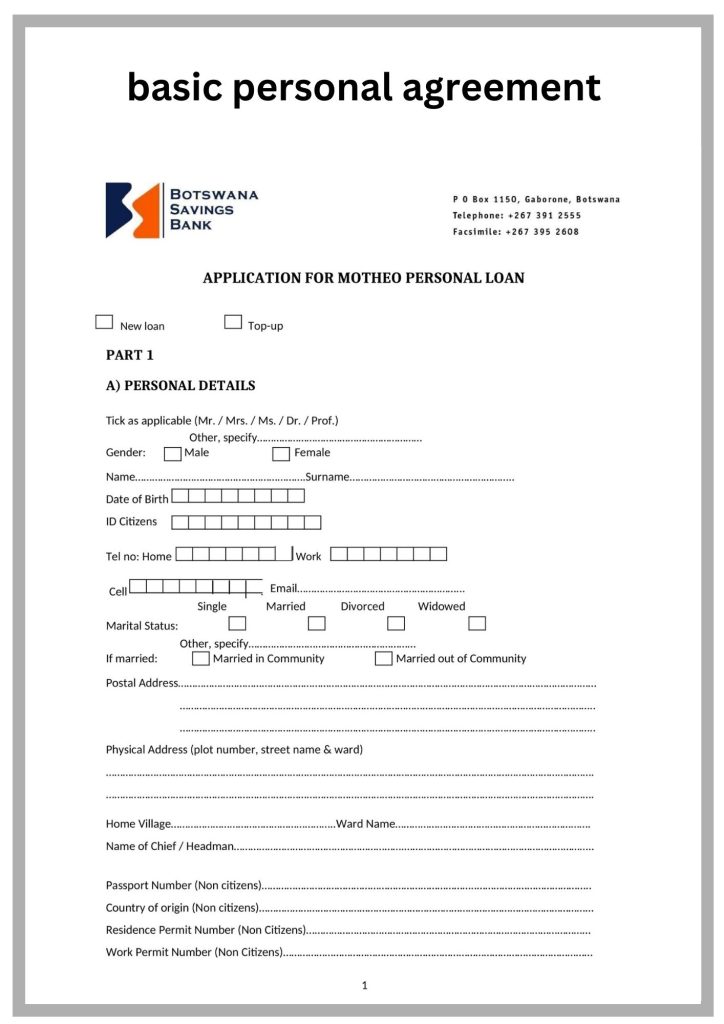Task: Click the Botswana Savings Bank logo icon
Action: click(x=133, y=210)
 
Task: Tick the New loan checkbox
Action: click(x=104, y=322)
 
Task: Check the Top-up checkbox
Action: click(x=233, y=322)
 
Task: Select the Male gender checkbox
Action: click(x=172, y=454)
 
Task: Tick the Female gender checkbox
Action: click(x=281, y=454)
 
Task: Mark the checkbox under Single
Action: click(x=237, y=624)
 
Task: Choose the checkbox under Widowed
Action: click(x=477, y=624)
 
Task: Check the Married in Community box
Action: click(x=201, y=659)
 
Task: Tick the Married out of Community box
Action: click(x=383, y=659)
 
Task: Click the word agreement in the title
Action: click(x=500, y=88)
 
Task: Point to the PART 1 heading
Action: click(x=130, y=355)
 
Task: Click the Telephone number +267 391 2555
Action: click(x=544, y=215)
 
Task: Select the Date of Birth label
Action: click(x=137, y=499)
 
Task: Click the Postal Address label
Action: click(x=142, y=683)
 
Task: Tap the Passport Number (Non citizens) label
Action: click(x=183, y=885)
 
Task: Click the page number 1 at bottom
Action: click(x=364, y=986)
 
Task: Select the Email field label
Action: click(x=284, y=588)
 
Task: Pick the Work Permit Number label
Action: click(x=194, y=952)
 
